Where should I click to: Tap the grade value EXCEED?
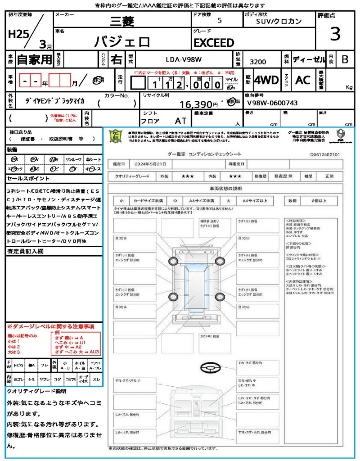tap(214, 43)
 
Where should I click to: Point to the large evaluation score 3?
tap(335, 34)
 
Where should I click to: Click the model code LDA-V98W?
tap(183, 59)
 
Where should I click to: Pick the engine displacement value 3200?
tap(257, 62)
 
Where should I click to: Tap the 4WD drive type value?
tap(266, 80)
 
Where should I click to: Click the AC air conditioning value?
tap(302, 80)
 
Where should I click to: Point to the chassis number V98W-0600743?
tap(272, 103)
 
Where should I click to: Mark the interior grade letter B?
tap(345, 59)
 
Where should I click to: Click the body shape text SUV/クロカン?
tap(279, 21)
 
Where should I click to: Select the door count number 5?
tap(219, 21)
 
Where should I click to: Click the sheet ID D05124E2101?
tap(325, 154)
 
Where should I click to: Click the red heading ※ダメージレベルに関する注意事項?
tap(50, 326)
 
